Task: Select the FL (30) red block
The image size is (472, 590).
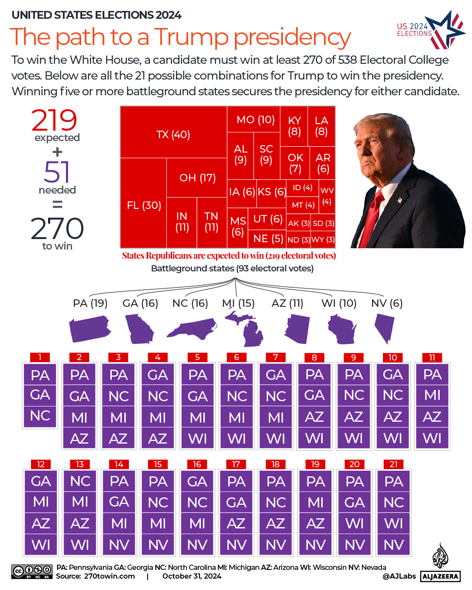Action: click(144, 205)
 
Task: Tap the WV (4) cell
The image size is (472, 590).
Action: click(327, 196)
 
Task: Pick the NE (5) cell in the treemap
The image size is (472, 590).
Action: click(268, 239)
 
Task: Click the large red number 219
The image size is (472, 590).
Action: click(54, 120)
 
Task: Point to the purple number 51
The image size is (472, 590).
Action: click(57, 172)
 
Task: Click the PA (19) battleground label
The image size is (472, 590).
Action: click(90, 303)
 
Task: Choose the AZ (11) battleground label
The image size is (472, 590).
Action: click(287, 303)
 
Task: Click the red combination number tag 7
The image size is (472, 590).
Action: click(276, 357)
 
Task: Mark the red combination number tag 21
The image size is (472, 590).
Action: click(393, 464)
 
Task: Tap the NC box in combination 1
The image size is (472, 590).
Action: click(40, 416)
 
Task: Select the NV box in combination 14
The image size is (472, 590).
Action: click(119, 545)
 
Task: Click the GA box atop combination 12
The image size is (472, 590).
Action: click(41, 481)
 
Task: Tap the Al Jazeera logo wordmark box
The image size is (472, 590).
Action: click(440, 576)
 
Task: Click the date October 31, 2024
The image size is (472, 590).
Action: click(192, 576)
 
